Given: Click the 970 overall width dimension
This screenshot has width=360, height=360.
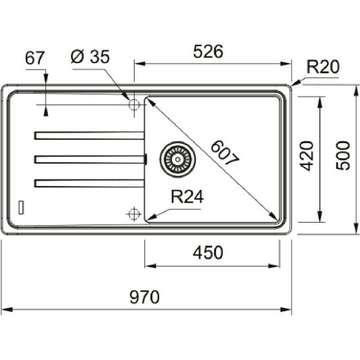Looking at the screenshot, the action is coord(145,297).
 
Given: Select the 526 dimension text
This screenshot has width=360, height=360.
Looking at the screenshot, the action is coord(208,51).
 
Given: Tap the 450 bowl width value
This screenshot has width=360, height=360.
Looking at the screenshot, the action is coord(208,253).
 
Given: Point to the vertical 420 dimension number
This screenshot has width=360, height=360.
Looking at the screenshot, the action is coord(307,156).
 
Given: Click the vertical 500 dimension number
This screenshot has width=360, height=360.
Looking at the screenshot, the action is coord(343,156).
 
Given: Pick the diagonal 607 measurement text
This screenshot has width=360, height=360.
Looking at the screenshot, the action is coord(225,153).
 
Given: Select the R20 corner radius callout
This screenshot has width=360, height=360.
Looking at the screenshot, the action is coord(323,67).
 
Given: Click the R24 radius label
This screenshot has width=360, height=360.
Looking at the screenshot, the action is coord(187,196).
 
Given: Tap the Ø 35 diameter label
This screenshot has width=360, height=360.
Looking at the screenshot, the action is coord(90,56).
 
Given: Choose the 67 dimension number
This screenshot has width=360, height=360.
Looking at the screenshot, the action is coord(34,58).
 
